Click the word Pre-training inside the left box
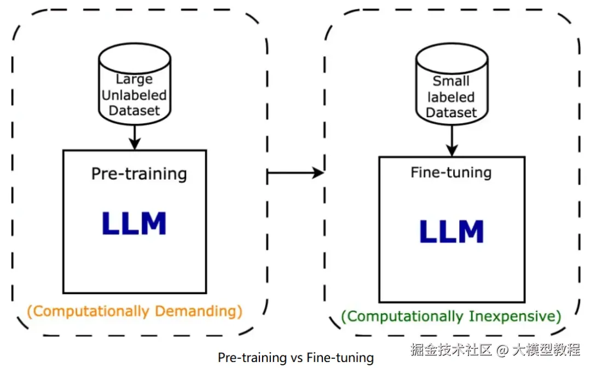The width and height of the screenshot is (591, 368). (139, 174)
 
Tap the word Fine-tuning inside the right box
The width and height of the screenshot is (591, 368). (451, 173)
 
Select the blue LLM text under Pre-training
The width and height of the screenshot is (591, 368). (134, 223)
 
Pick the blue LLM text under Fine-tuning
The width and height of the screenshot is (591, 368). (451, 231)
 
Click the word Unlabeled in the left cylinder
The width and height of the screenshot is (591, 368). (134, 95)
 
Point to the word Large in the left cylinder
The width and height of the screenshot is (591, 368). (134, 79)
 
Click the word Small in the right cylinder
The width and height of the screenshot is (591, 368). (451, 81)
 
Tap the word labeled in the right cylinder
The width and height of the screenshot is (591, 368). (451, 97)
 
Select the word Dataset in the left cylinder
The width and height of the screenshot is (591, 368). (134, 111)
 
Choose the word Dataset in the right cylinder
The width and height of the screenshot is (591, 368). (451, 112)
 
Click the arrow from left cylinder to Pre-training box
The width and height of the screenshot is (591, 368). (135, 137)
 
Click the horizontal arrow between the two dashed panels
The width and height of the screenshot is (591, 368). (296, 173)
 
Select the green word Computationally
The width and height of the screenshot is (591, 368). (403, 317)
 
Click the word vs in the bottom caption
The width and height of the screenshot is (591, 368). (296, 358)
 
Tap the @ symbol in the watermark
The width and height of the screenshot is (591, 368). (502, 350)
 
